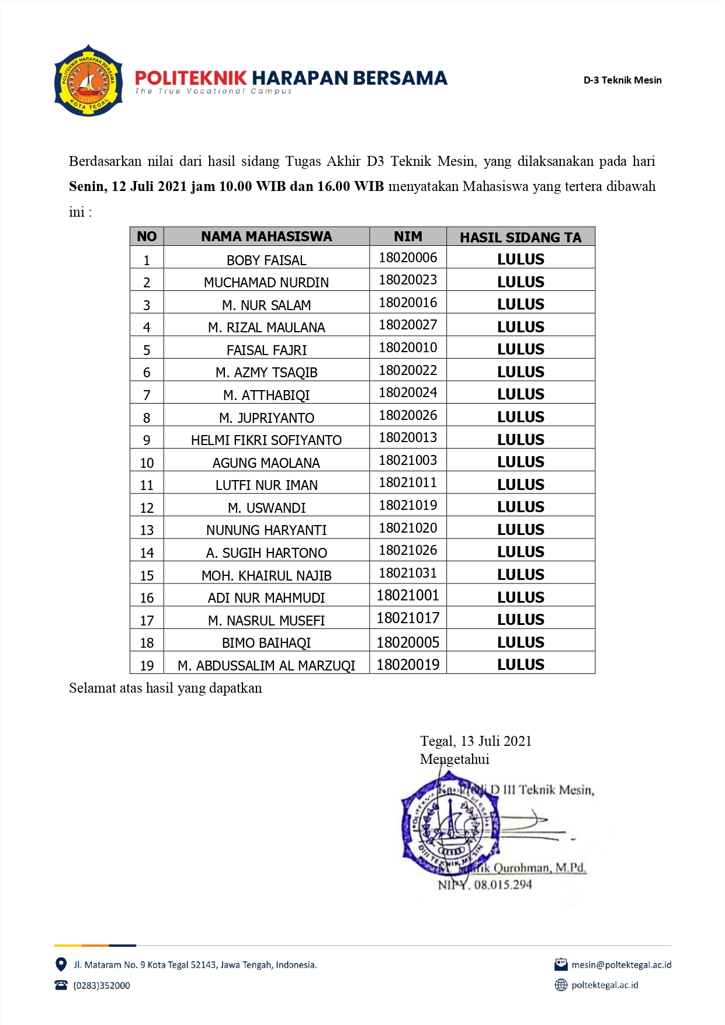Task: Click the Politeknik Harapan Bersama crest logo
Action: pos(88,81)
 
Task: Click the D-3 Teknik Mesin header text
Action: pos(622,81)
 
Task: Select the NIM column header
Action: pos(408,237)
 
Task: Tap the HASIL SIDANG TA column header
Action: pos(521,237)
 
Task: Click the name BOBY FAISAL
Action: pos(266,260)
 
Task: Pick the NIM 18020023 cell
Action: pos(408,280)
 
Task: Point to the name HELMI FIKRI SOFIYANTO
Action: pos(266,440)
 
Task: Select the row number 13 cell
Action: pos(147,530)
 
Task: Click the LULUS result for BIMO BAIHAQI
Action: pos(521,642)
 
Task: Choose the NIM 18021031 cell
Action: pos(408,573)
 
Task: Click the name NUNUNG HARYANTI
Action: pos(266,530)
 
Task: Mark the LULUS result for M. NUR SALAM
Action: pos(521,304)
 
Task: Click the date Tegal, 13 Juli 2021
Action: pos(476,741)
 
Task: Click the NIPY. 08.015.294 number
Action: pos(485,885)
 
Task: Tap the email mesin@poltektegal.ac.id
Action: pos(621,965)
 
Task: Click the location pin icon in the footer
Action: pos(60,964)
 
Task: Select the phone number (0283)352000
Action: pos(102,985)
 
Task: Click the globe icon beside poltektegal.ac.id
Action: pos(561,985)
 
